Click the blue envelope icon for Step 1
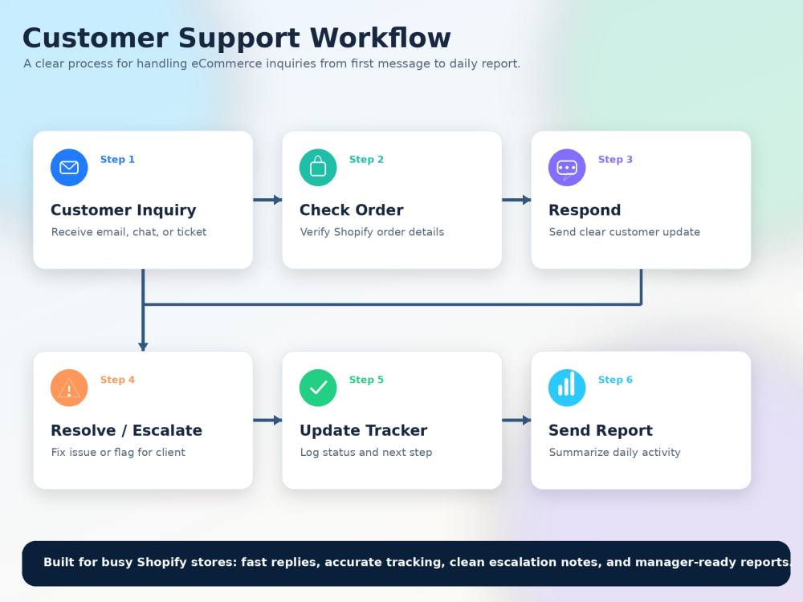click(69, 168)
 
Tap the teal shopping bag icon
click(318, 168)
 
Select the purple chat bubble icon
click(567, 168)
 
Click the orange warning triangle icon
click(69, 388)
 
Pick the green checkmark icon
click(318, 388)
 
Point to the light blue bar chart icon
click(567, 388)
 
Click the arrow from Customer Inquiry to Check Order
click(267, 200)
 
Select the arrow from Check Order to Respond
click(516, 200)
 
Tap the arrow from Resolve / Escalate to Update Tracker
click(267, 421)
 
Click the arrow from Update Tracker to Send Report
click(516, 421)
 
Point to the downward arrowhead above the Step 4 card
click(143, 347)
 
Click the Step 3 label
click(615, 159)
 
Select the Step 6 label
click(615, 380)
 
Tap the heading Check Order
click(352, 209)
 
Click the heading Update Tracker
click(363, 430)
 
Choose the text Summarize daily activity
click(614, 452)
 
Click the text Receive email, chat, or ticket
click(128, 232)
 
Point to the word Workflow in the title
click(380, 38)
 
